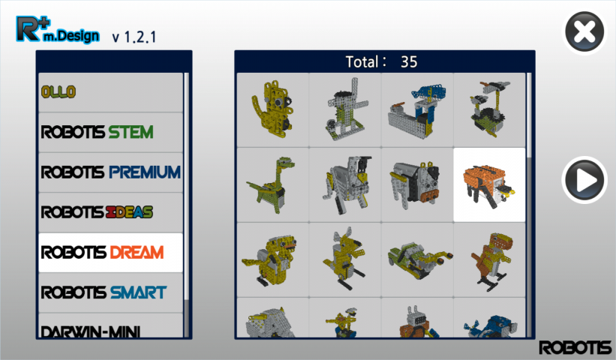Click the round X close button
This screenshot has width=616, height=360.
point(584,31)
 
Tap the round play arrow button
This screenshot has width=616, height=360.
point(584,180)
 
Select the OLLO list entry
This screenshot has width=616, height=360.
point(111,92)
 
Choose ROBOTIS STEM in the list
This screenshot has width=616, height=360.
point(111,133)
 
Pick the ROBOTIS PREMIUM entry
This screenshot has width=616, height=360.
point(111,172)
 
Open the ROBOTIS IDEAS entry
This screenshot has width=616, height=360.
point(111,213)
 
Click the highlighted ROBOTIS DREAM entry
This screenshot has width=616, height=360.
point(111,253)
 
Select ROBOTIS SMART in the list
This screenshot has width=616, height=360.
point(111,292)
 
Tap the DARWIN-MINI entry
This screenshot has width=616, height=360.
point(111,325)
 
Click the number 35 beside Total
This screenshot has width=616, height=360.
point(409,62)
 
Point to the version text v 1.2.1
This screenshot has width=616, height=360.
point(134,37)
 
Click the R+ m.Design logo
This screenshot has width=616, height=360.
point(57,29)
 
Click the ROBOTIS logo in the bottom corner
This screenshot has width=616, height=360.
point(575,347)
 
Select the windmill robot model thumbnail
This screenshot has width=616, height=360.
point(345,110)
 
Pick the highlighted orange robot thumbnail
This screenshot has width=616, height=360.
point(489,185)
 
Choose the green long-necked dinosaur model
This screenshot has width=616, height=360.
point(272,185)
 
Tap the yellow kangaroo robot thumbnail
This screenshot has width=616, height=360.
point(345,260)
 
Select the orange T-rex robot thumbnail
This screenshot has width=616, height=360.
point(489,260)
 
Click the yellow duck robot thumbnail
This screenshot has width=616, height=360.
point(272,260)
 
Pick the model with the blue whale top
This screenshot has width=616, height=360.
point(417,110)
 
